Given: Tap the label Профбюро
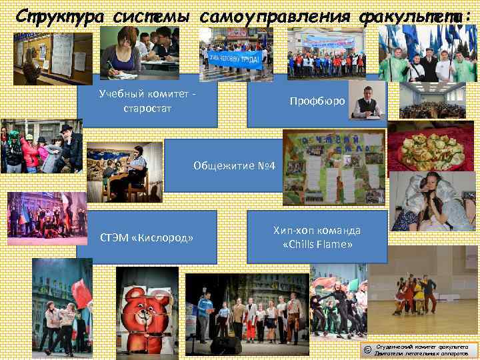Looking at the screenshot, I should click(x=317, y=101).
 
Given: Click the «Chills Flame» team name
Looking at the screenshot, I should click(x=317, y=245).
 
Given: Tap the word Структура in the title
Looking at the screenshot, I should click(x=59, y=15).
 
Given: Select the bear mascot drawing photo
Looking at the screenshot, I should click(x=147, y=311).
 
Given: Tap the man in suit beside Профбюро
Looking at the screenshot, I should click(x=367, y=101).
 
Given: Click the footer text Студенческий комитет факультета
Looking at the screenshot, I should click(x=423, y=347).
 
